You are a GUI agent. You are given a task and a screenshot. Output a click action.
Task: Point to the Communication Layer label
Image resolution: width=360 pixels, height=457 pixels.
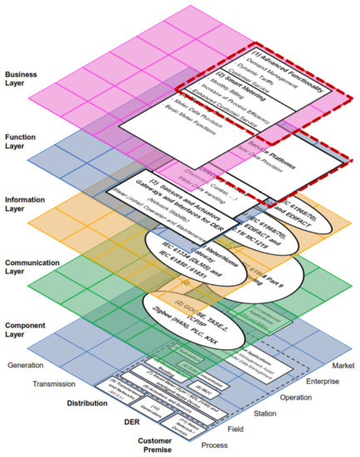coord(27,268)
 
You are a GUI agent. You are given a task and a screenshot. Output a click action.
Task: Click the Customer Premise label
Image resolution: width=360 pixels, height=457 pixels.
coord(132,442)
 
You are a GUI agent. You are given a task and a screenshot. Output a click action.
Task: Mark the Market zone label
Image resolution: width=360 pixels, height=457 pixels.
coord(334,365)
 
